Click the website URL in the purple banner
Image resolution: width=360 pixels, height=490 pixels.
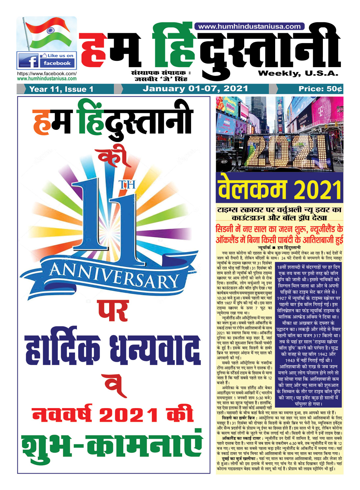pos(250,27)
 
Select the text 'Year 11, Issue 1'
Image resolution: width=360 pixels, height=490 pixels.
pos(61,89)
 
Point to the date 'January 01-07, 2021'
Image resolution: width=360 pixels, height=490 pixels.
pos(195,89)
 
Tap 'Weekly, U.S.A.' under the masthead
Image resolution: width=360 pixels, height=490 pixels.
pos(298,73)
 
